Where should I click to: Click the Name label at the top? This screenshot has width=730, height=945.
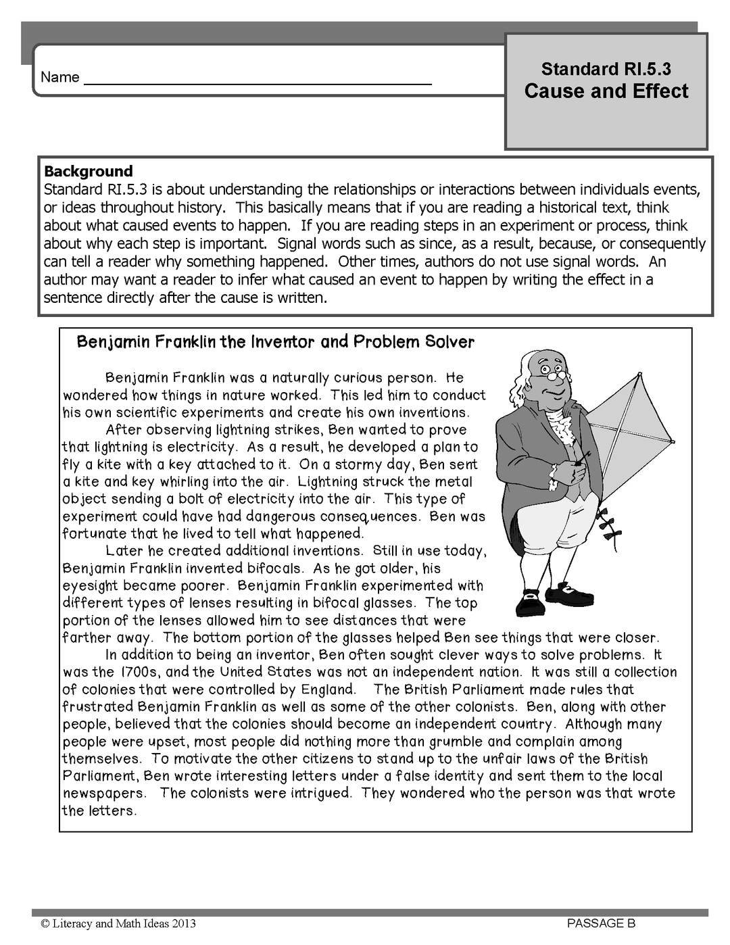(x=59, y=77)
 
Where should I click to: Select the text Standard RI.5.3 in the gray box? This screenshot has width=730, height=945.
(x=606, y=69)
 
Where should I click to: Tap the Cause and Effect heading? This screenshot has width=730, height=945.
(x=606, y=91)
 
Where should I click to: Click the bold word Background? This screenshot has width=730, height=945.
(x=88, y=171)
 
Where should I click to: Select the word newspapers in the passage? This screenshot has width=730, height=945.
(x=104, y=794)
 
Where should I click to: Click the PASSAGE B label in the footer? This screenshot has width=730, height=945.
(x=602, y=923)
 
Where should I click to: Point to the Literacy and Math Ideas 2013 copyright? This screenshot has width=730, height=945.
(x=118, y=923)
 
